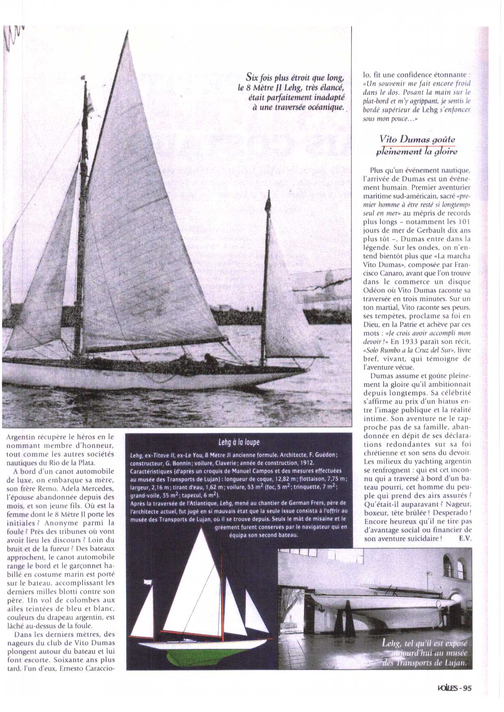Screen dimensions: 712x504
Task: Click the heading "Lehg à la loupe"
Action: click(x=239, y=442)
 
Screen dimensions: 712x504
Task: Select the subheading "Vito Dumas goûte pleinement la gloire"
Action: click(x=417, y=145)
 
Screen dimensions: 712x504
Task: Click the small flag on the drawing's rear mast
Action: click(x=147, y=582)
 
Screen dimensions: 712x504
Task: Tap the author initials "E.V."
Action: click(x=465, y=539)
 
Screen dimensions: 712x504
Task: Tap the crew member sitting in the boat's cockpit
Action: click(x=210, y=359)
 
